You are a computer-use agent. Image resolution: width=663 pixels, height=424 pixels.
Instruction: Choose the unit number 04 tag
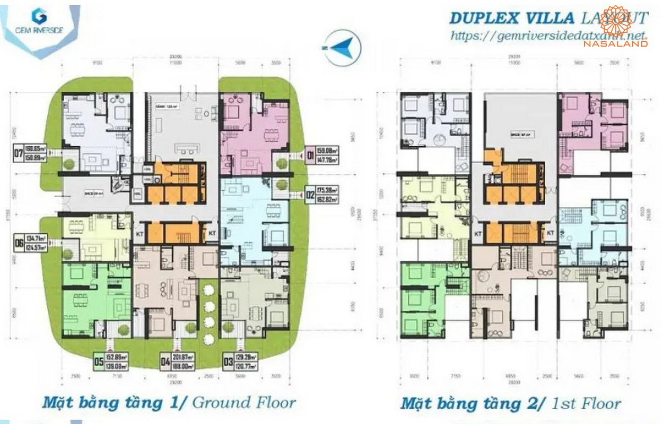[x=165, y=363]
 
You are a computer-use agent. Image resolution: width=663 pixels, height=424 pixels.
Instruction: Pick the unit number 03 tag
[x=228, y=363]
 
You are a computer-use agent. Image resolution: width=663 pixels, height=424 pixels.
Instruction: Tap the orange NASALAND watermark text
[x=615, y=44]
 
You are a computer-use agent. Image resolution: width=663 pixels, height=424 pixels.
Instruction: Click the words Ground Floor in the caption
[x=244, y=403]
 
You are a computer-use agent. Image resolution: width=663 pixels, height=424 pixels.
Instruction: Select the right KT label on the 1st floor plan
[x=550, y=232]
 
